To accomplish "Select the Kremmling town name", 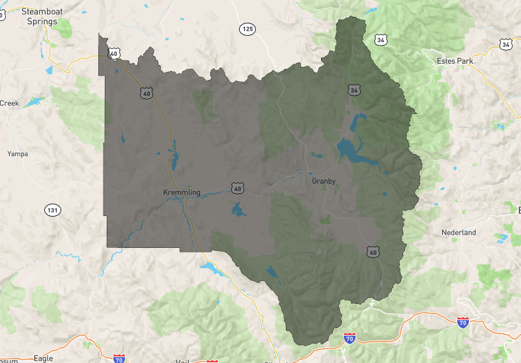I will click(x=181, y=192).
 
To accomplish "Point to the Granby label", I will click(x=324, y=181).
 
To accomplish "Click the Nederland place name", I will click(x=458, y=232).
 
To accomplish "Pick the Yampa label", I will click(x=18, y=154).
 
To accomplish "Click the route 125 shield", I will click(x=247, y=29).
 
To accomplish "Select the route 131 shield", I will click(x=52, y=210).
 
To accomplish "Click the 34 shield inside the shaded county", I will click(x=353, y=90).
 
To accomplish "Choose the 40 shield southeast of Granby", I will click(x=373, y=251).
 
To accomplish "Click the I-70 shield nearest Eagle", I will click(x=119, y=358).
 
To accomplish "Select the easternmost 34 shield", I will click(x=506, y=44).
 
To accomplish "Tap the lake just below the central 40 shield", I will click(x=238, y=209).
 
